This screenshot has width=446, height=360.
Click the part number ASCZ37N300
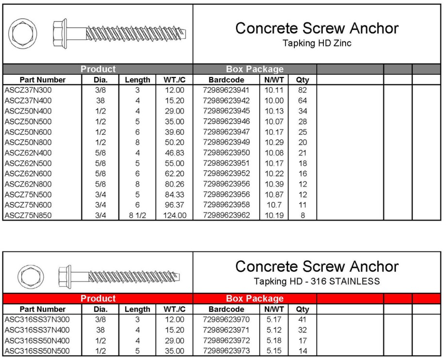click(x=28, y=90)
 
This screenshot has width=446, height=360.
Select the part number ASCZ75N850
click(x=28, y=215)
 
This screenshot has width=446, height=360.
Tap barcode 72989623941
click(x=226, y=90)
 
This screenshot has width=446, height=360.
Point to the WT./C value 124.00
click(x=175, y=215)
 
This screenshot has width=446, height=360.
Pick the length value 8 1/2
click(x=138, y=215)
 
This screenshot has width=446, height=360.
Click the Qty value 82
click(x=303, y=90)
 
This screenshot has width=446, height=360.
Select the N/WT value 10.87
click(x=274, y=194)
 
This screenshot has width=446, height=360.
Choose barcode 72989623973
click(x=226, y=351)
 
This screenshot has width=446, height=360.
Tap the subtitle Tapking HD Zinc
click(x=317, y=43)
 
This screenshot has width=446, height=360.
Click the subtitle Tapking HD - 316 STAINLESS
click(x=317, y=282)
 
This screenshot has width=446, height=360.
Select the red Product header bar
click(x=98, y=298)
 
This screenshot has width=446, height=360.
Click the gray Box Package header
click(x=255, y=69)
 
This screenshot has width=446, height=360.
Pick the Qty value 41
click(x=303, y=320)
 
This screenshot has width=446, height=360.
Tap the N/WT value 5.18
click(x=274, y=341)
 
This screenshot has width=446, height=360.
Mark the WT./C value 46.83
click(x=175, y=153)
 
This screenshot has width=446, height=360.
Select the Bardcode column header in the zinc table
click(x=226, y=80)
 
